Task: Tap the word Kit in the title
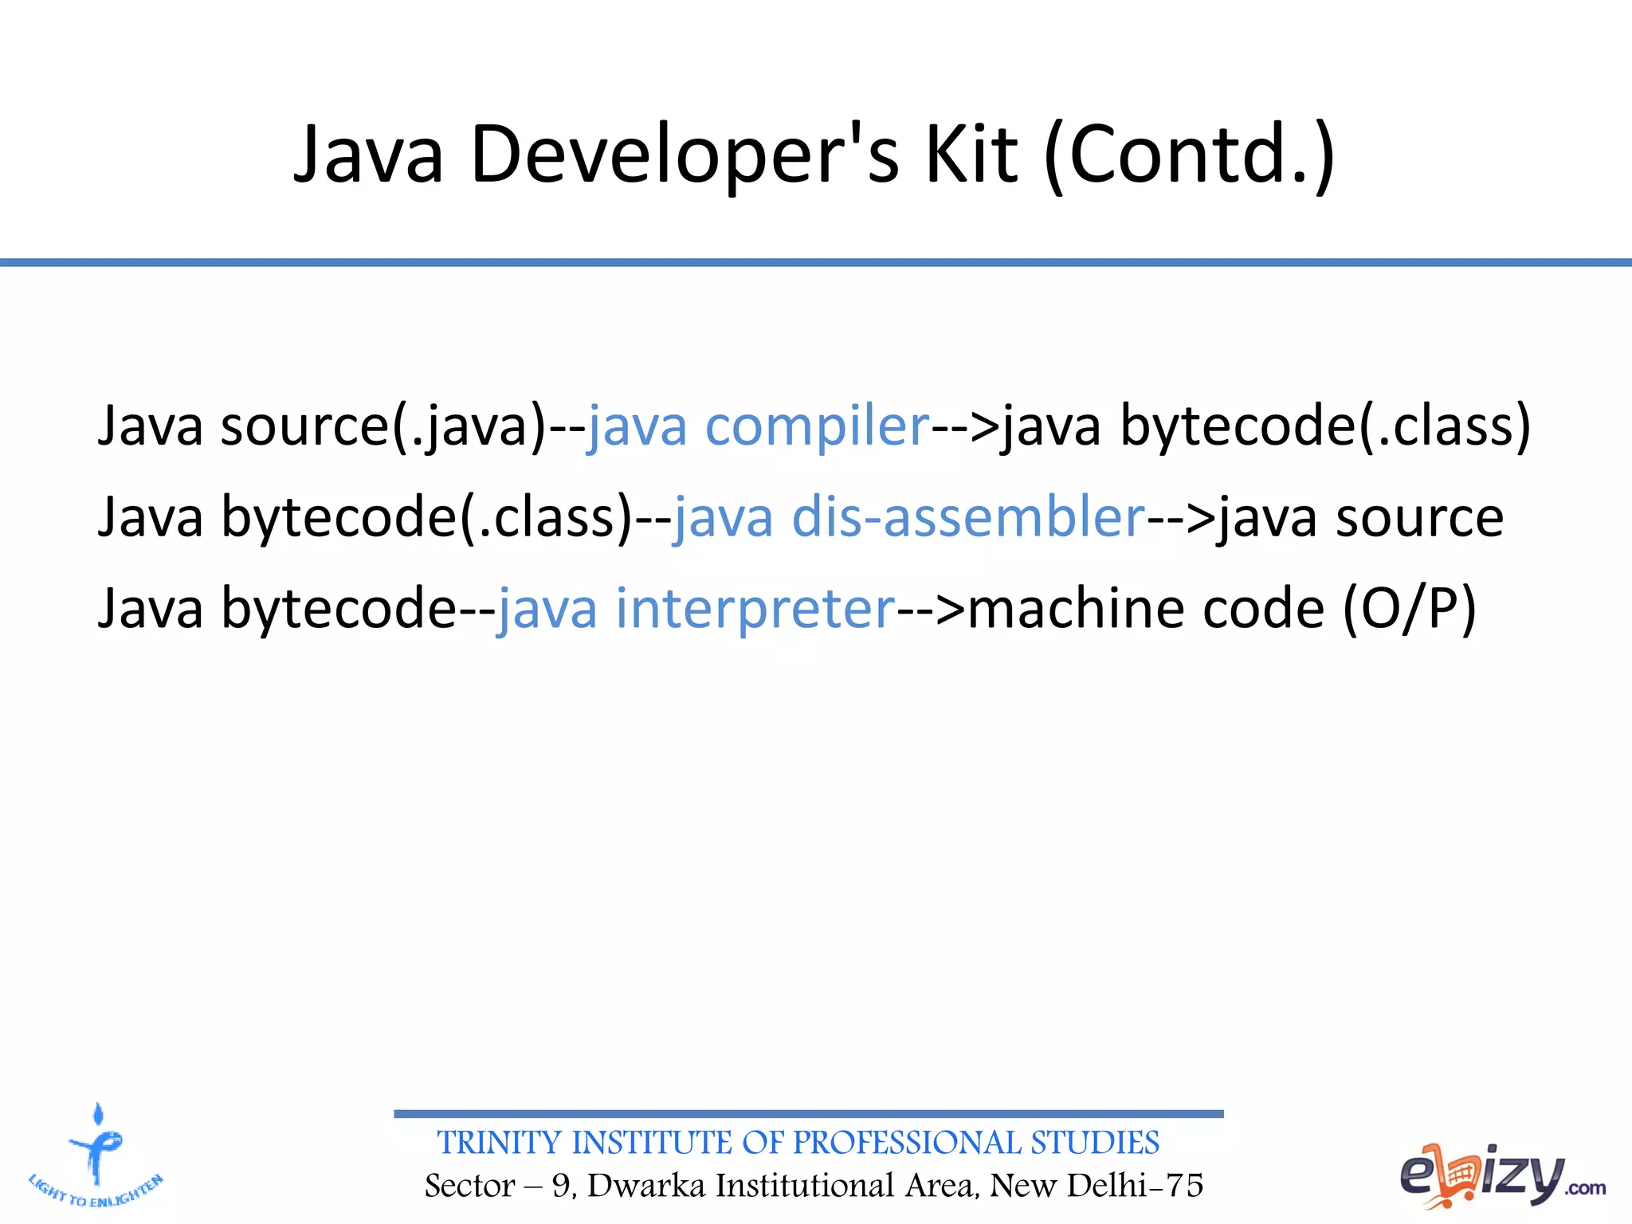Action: [x=971, y=155]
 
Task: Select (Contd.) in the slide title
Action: [x=1189, y=155]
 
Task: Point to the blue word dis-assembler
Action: [x=967, y=518]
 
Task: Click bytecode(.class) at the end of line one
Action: [x=1325, y=427]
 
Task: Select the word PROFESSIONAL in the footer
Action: [x=906, y=1143]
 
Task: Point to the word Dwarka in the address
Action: [x=646, y=1186]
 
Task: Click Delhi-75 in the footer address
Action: [x=1135, y=1186]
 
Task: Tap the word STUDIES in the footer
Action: [x=1095, y=1143]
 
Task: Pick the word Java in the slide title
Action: [x=368, y=155]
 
